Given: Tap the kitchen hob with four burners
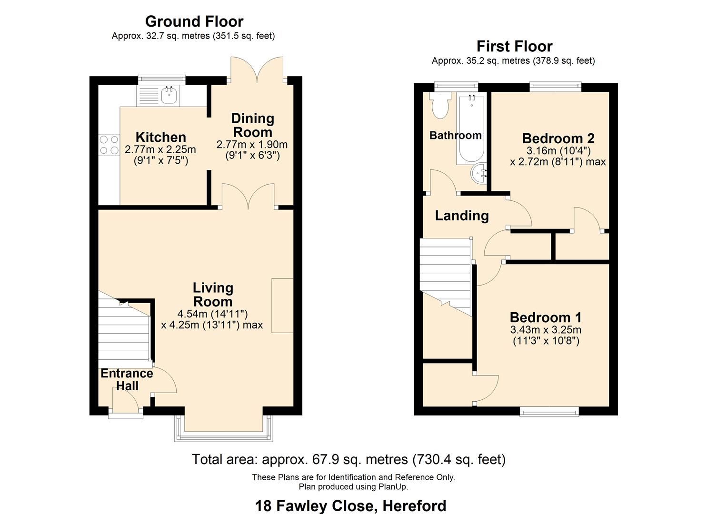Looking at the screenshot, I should pyautogui.click(x=109, y=145).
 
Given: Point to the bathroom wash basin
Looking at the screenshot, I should pyautogui.click(x=479, y=174).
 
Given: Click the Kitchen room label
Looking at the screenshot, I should pyautogui.click(x=160, y=137).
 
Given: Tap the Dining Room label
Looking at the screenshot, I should pyautogui.click(x=252, y=125).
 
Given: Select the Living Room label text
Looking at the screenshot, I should pyautogui.click(x=213, y=295).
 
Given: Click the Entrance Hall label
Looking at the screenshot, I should pyautogui.click(x=127, y=379).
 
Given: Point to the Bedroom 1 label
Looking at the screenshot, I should pyautogui.click(x=546, y=317).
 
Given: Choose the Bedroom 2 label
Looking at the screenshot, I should pyautogui.click(x=558, y=138).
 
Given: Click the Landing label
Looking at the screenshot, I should pyautogui.click(x=462, y=216).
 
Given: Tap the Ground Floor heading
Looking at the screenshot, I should pyautogui.click(x=194, y=21).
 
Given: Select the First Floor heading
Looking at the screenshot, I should pyautogui.click(x=514, y=46).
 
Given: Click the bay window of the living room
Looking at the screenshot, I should pyautogui.click(x=223, y=431).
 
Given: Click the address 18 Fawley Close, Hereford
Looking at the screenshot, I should pyautogui.click(x=350, y=505).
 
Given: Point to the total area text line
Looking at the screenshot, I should pyautogui.click(x=349, y=459).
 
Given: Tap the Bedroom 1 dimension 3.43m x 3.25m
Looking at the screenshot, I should pyautogui.click(x=546, y=330).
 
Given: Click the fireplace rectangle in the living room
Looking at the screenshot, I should pyautogui.click(x=282, y=306).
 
